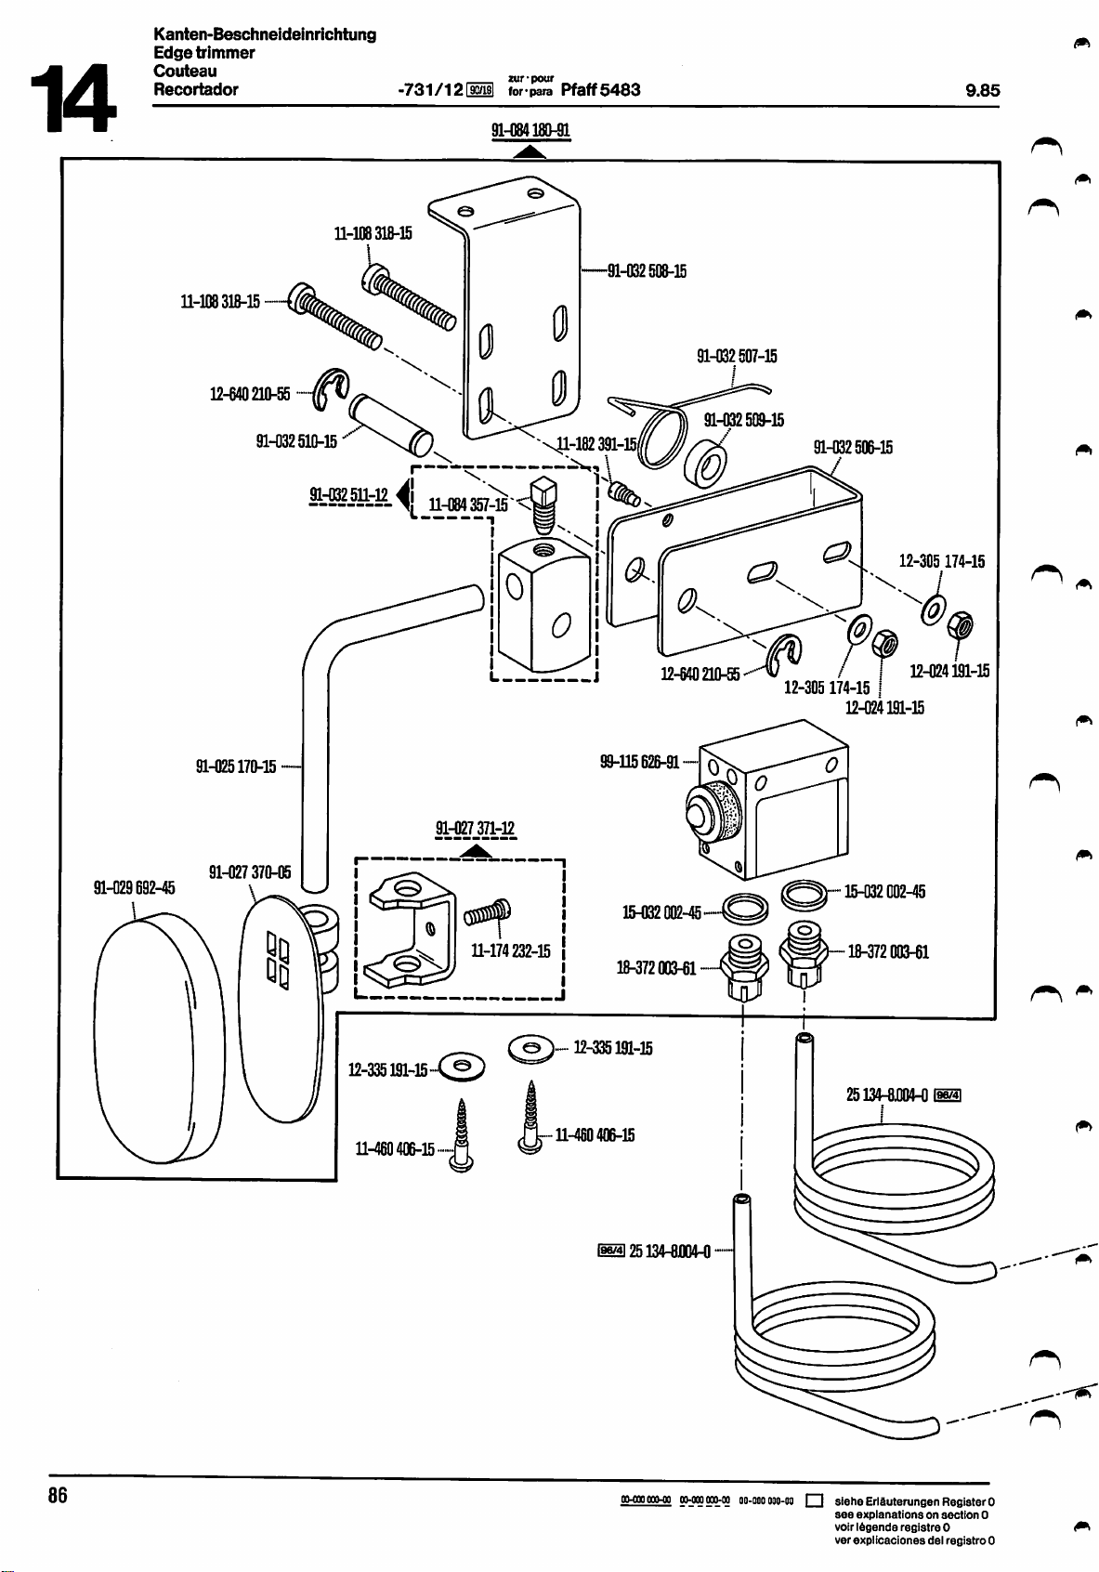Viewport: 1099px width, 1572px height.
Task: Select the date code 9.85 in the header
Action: [982, 90]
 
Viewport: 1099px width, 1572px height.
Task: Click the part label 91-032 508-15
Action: [647, 271]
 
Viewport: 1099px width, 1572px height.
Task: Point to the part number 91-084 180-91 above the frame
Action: [530, 131]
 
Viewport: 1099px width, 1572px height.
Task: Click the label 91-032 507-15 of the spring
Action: [737, 356]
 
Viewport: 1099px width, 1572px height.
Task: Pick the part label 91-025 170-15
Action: [236, 767]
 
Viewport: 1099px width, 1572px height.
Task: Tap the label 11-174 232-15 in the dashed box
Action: [511, 951]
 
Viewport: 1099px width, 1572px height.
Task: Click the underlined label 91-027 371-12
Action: [475, 829]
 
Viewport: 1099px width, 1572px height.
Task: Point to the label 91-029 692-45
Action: [135, 886]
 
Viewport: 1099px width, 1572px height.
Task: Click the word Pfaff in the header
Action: [579, 90]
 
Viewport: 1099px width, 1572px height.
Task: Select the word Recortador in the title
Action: [196, 90]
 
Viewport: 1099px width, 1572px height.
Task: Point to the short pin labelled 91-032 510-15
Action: [389, 419]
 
